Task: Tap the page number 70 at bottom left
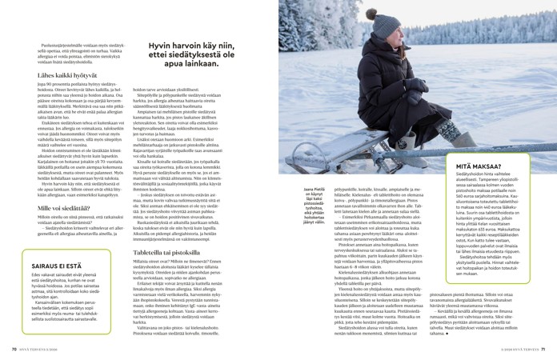(14, 348)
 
